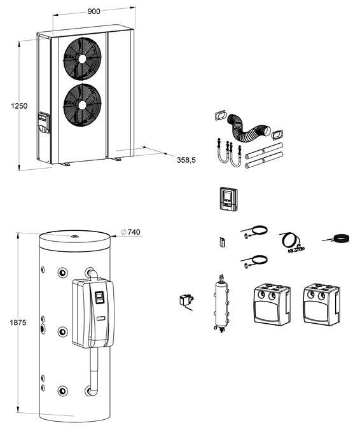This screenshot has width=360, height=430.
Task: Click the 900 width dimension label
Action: coord(93,11)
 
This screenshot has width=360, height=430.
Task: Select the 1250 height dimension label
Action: coord(19,106)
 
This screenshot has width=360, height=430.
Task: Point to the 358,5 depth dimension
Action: coord(186,160)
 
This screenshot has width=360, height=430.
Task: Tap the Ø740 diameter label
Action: coord(131,232)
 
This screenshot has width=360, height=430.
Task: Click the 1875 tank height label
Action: coord(18,322)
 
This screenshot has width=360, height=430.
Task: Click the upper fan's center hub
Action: coord(82,59)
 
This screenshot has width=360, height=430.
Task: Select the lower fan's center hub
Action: coord(82,105)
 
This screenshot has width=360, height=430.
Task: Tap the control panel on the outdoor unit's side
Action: coord(44,123)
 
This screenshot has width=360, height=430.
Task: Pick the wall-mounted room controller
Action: coord(228,199)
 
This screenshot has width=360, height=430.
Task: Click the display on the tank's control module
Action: coord(99,297)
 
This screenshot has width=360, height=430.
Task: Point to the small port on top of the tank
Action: coord(74,236)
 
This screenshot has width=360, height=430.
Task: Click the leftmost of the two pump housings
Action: coord(272,305)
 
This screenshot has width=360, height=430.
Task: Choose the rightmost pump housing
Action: coord(322,305)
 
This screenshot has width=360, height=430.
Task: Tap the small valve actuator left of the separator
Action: coord(186,300)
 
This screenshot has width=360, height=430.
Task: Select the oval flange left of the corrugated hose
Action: coord(220,116)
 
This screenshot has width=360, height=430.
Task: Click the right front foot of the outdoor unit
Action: coord(115,158)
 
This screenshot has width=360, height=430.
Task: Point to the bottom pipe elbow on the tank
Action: coord(91,391)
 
